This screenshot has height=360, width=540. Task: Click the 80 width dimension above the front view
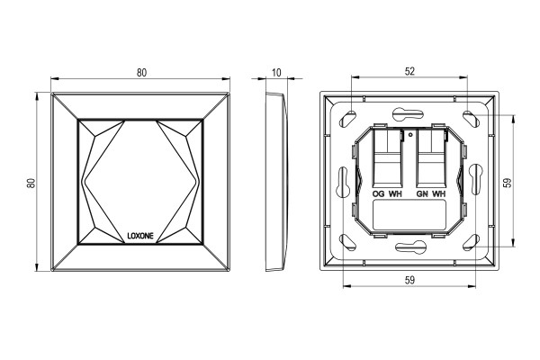[x=141, y=73]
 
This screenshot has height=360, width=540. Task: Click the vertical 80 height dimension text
[x=31, y=183]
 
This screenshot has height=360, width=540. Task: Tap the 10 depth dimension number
[x=276, y=73]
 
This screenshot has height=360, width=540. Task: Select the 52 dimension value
[x=409, y=71]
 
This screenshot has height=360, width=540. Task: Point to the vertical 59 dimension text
[x=507, y=183]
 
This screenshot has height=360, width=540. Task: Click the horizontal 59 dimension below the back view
[x=409, y=281]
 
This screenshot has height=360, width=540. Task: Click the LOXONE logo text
[x=140, y=236]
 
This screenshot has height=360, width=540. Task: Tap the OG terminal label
[x=379, y=194]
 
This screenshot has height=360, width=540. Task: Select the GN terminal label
[x=422, y=194]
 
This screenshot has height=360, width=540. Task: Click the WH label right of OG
[x=395, y=194]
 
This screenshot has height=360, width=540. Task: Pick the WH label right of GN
[x=439, y=194]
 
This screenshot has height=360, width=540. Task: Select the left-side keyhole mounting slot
[x=344, y=182]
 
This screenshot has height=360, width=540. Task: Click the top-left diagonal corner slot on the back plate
[x=348, y=119]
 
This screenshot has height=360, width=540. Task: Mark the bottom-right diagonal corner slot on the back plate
[x=471, y=242]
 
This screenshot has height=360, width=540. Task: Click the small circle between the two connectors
[x=409, y=135]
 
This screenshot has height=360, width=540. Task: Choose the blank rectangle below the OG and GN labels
[x=409, y=215]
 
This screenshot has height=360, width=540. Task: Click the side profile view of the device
[x=276, y=181]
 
